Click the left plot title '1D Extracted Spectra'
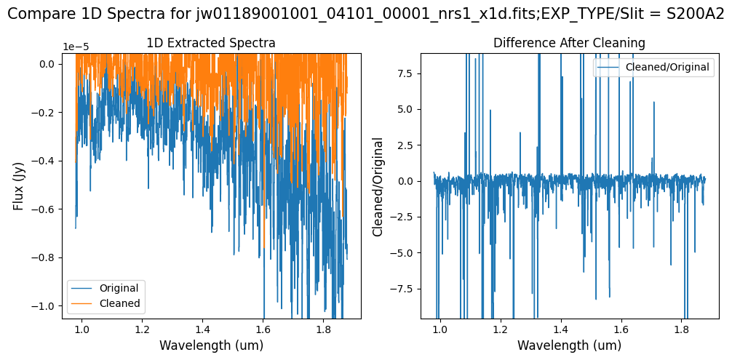pyautogui.click(x=211, y=43)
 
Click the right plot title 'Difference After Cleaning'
pyautogui.click(x=569, y=43)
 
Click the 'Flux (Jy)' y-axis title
pyautogui.click(x=19, y=185)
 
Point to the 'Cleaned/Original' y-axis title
pyautogui.click(x=378, y=185)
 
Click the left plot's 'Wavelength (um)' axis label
pyautogui.click(x=211, y=345)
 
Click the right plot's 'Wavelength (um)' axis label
pyautogui.click(x=569, y=345)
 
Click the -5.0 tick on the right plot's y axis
pyautogui.click(x=402, y=253)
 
